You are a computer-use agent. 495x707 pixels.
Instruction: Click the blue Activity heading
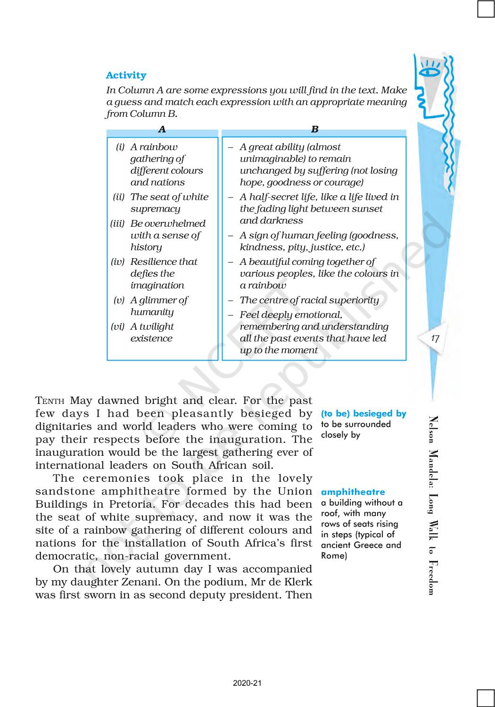coord(126,75)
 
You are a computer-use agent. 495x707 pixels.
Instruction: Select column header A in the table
coord(162,129)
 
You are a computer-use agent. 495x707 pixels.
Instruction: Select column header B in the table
coord(314,129)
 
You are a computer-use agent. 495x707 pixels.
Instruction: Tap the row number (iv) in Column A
coord(118,262)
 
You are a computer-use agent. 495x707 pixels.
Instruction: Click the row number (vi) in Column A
coord(118,327)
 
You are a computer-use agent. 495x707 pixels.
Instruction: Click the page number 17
coord(435,338)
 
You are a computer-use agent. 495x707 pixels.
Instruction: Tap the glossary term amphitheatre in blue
coord(353,492)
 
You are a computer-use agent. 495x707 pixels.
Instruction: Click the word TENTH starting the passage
coord(49,401)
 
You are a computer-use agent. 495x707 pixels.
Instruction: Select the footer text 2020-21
coord(247,683)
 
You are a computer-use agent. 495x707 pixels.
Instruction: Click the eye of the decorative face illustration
coord(429,72)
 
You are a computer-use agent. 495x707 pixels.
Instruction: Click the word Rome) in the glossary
coord(334,556)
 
